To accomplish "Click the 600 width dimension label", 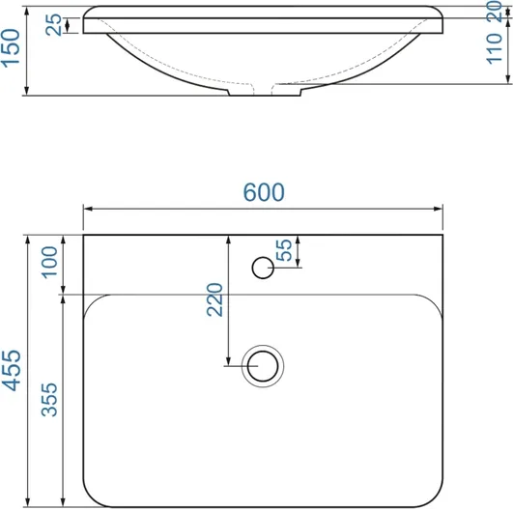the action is pos(264,192).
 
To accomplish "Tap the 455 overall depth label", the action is pos(12,371).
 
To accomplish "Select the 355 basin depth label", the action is pos(49,400).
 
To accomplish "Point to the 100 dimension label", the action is pos(49,263).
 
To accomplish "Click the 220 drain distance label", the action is pos(214,299).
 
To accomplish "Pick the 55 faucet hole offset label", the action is pos(284,250).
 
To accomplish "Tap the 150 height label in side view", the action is pos(11,48).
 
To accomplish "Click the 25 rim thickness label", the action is pos(53,24).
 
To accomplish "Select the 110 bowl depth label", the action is pos(494,48).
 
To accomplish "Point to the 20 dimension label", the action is pos(494,12).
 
